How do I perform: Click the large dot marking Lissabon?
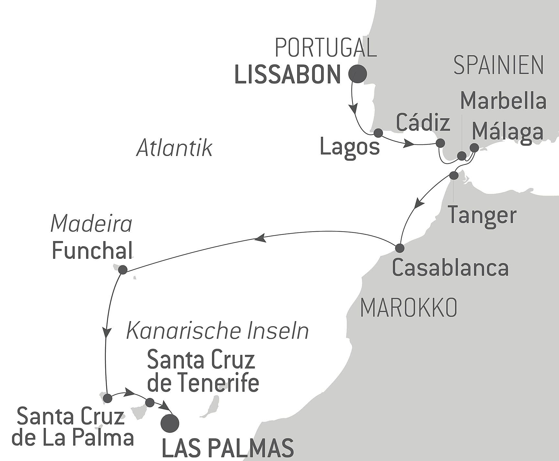(x=357, y=74)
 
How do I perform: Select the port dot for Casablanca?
(x=400, y=248)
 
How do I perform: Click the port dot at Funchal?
(x=123, y=269)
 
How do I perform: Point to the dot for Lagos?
(x=378, y=133)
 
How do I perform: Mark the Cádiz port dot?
(x=440, y=143)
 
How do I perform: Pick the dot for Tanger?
(x=454, y=175)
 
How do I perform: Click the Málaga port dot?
(x=474, y=148)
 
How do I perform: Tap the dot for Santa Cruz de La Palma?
(x=107, y=398)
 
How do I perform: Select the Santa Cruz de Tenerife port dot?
(x=150, y=402)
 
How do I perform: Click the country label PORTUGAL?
(x=326, y=48)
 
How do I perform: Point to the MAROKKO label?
(x=408, y=308)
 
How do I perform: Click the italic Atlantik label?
(x=174, y=148)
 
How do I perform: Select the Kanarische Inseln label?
(x=217, y=331)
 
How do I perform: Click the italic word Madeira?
(x=92, y=224)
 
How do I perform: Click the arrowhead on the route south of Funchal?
(x=106, y=333)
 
